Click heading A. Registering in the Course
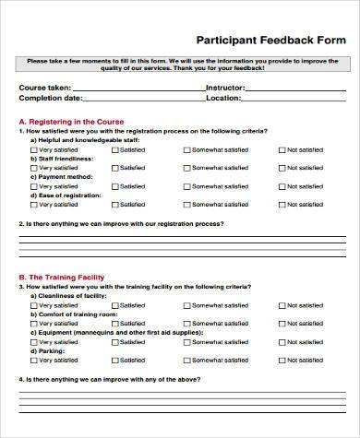coord(69,121)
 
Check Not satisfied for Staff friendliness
coord(278,168)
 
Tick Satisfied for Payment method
coord(114,186)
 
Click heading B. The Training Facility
coord(62,277)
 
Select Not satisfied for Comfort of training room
coord(278,324)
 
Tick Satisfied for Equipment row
coord(114,342)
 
